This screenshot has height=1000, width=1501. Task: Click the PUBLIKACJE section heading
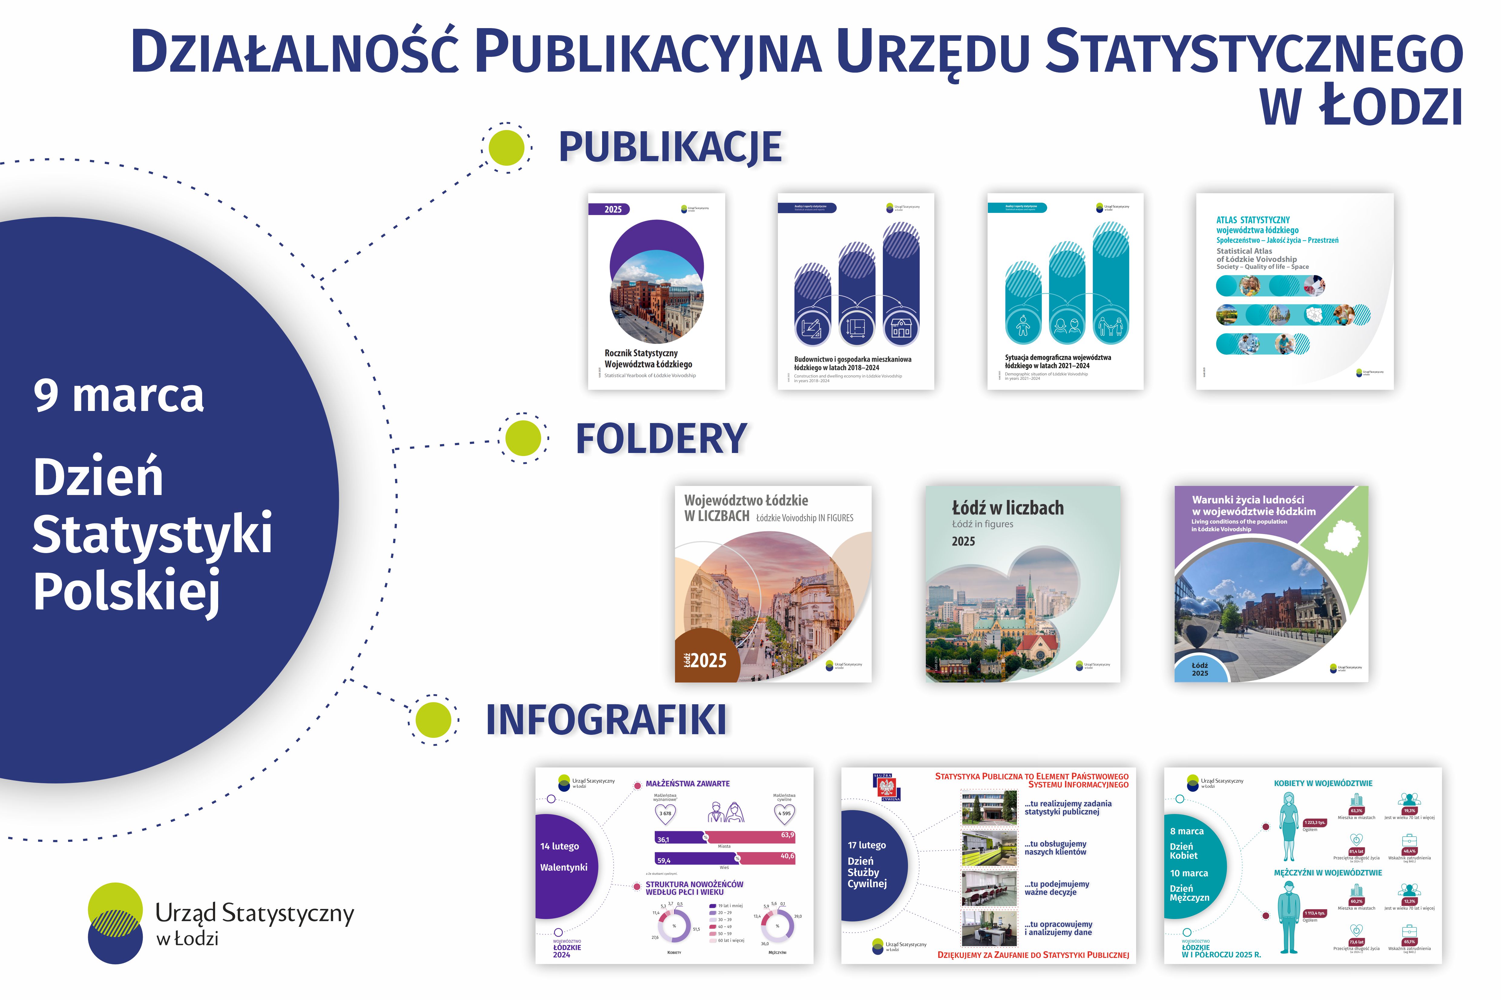(x=670, y=147)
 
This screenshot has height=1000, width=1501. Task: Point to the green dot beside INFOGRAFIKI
(x=433, y=720)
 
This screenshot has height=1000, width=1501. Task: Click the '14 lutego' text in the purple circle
(x=560, y=846)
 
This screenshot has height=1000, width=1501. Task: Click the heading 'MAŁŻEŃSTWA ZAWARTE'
(x=687, y=784)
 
